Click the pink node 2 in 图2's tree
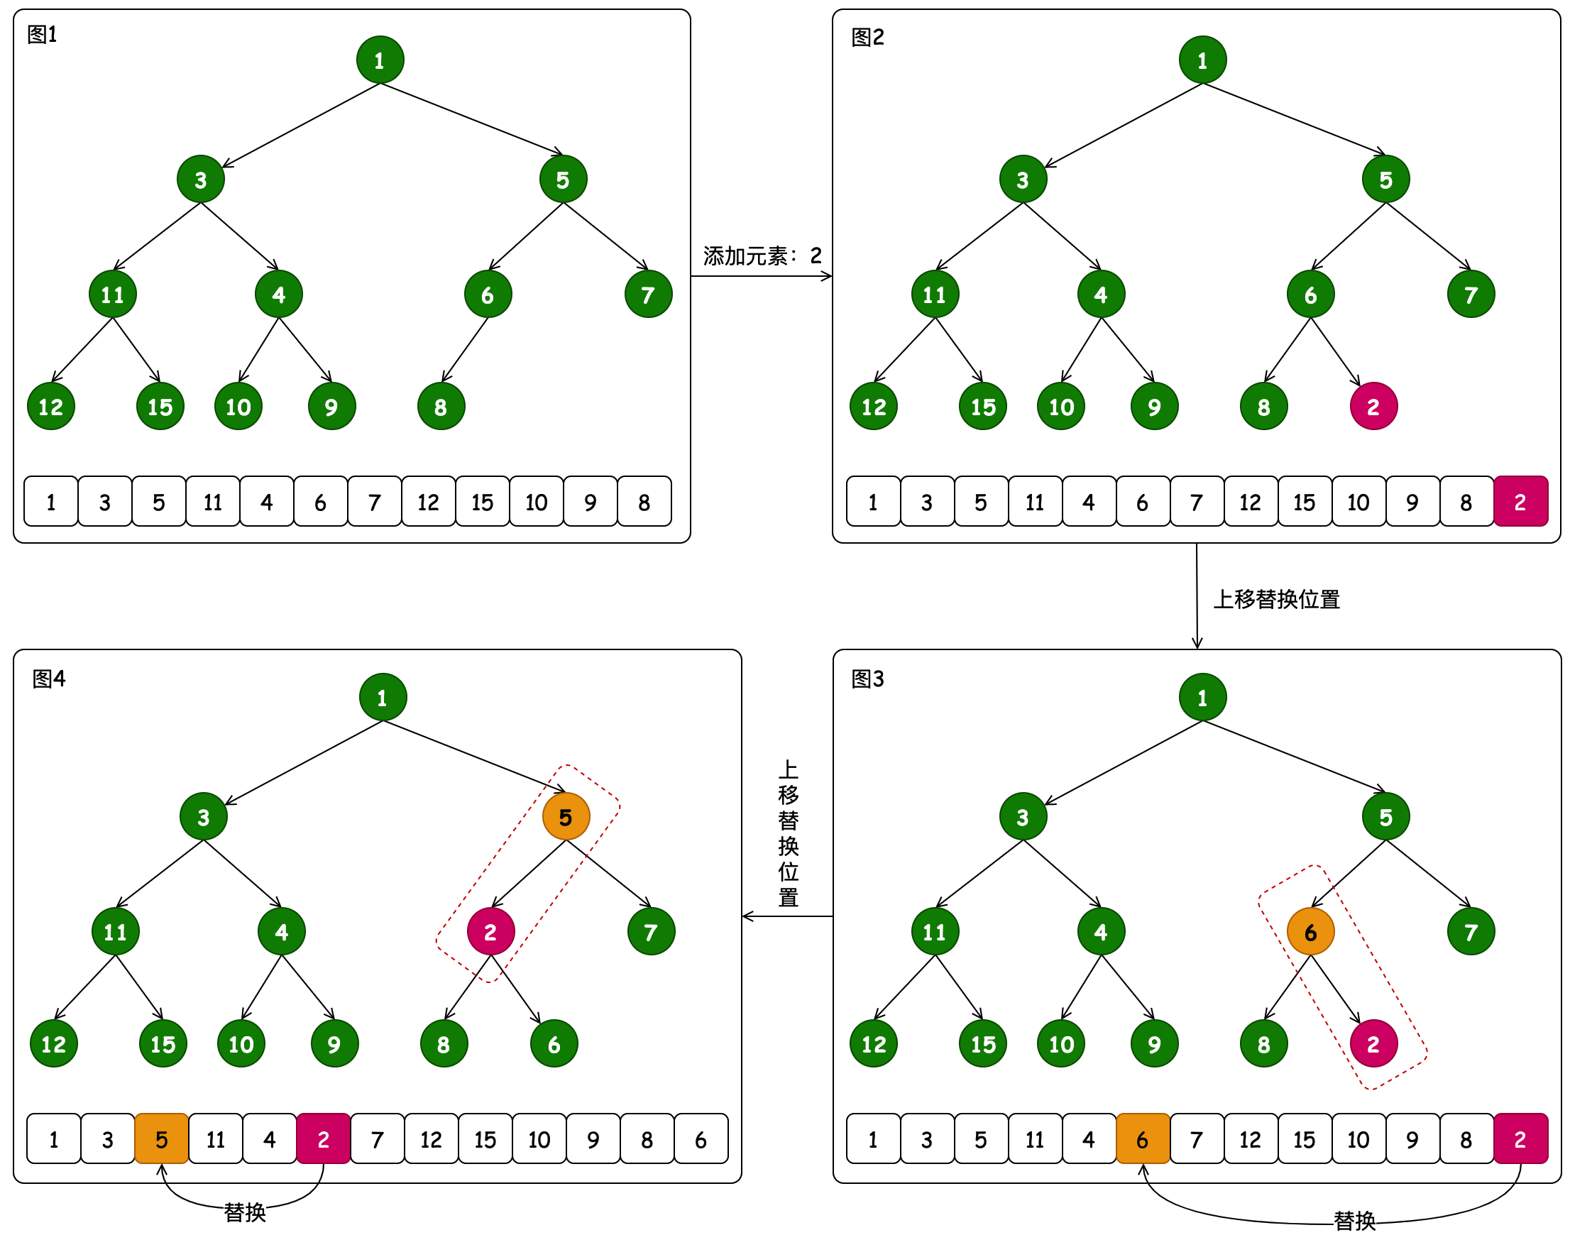point(1373,407)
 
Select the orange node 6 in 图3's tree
point(1310,932)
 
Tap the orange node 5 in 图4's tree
point(566,817)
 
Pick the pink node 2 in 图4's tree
point(490,932)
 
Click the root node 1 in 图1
point(380,60)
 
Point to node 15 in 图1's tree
point(160,407)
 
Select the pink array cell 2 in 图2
point(1520,502)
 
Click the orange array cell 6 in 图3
point(1142,1140)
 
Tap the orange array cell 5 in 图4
point(161,1140)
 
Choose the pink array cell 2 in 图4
point(323,1140)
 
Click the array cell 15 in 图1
point(483,502)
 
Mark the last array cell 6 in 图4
point(701,1140)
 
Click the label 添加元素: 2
point(762,256)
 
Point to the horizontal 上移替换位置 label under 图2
point(1276,600)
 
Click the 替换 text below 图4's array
point(244,1212)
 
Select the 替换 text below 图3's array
point(1354,1222)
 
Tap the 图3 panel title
point(867,679)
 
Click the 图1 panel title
point(42,35)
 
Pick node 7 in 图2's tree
point(1470,295)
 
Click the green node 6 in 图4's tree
point(554,1044)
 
